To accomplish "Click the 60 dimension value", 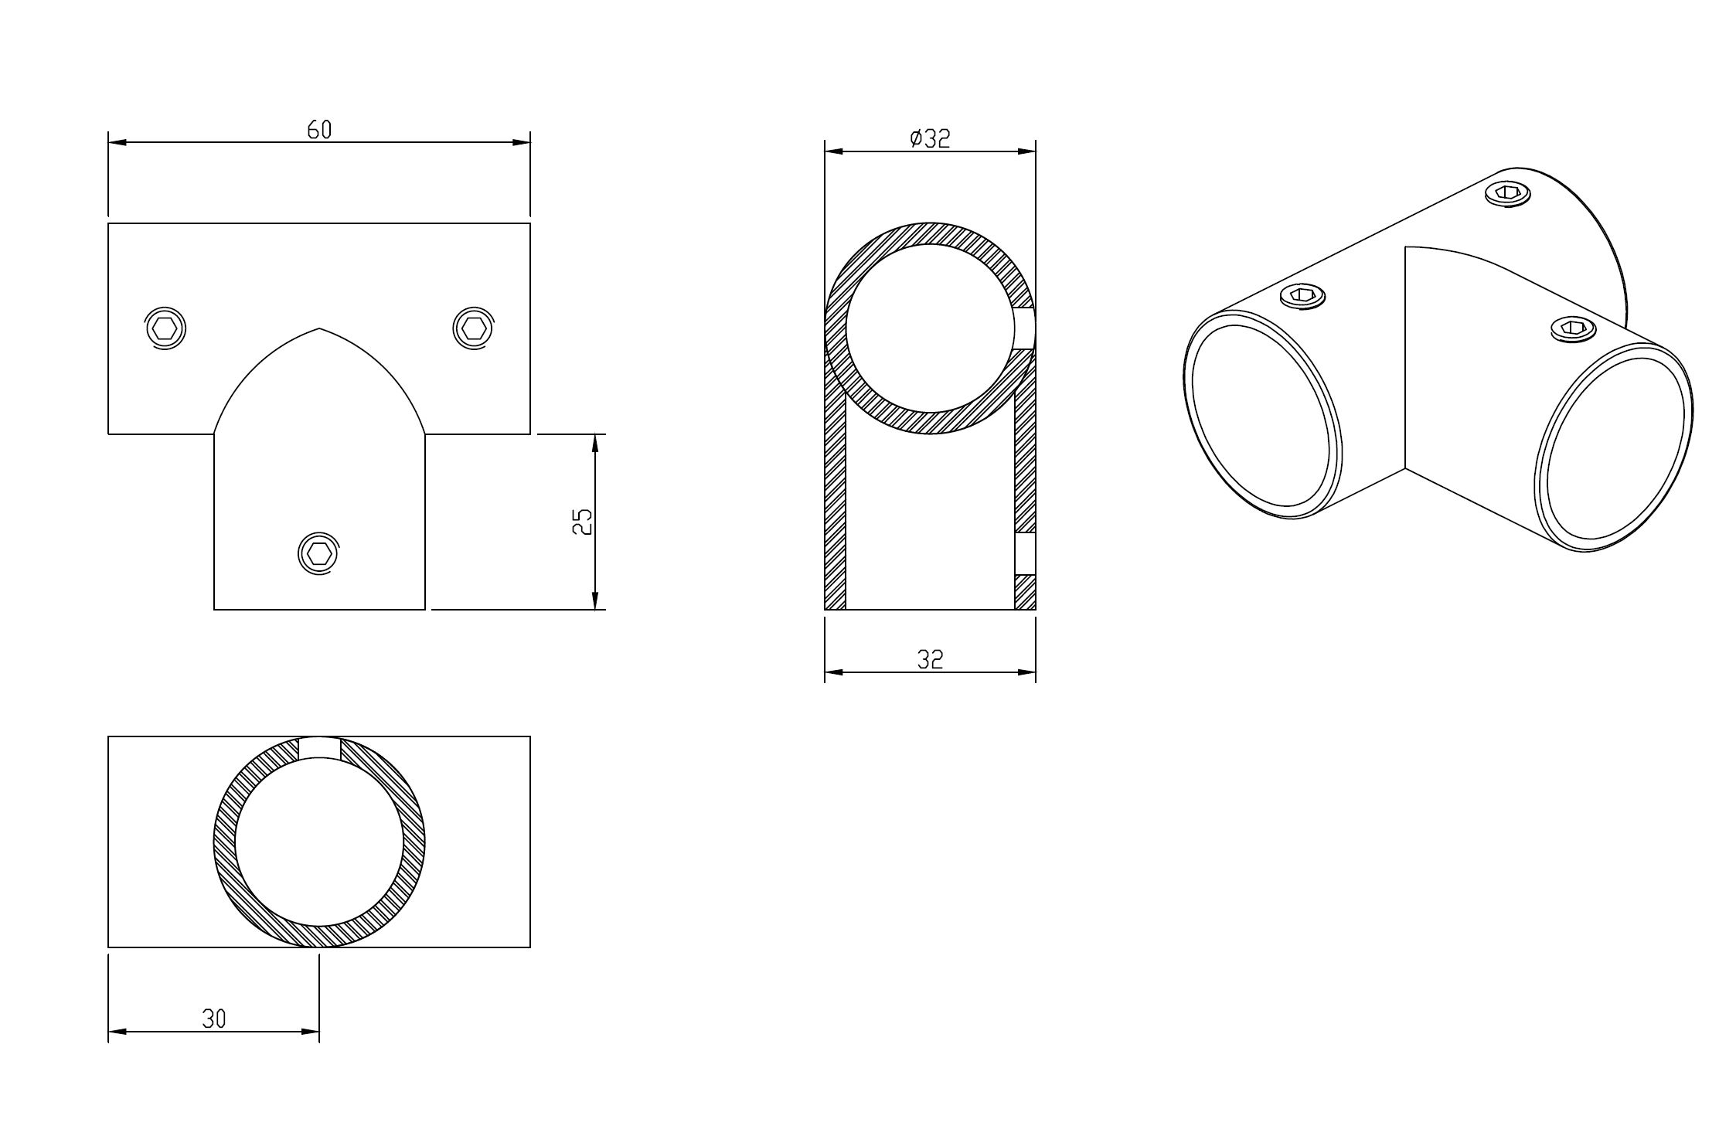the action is click(319, 130).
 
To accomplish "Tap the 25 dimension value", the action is click(582, 522).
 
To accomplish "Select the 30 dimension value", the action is click(214, 1019).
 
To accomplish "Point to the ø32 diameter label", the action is click(930, 139).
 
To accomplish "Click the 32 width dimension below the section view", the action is click(930, 659).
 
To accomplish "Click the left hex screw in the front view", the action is click(165, 329).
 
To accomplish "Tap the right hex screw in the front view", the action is click(472, 328).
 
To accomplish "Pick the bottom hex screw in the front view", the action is click(318, 553).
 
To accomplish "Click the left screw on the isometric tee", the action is click(1303, 296).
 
